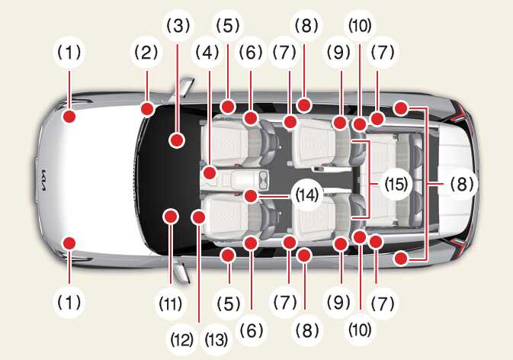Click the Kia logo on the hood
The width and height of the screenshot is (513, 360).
[43, 181]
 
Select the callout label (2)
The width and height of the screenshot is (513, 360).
[146, 53]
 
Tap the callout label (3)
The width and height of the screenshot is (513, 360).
[178, 26]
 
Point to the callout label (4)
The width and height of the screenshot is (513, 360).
[207, 53]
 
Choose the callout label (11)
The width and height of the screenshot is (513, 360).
[171, 304]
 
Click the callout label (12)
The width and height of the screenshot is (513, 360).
[182, 340]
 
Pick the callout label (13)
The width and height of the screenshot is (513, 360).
[216, 340]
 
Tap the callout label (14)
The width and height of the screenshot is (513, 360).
[307, 195]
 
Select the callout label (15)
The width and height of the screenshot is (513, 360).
[396, 185]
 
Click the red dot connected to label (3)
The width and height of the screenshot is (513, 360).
[177, 140]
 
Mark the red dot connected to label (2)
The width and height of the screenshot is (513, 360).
[148, 109]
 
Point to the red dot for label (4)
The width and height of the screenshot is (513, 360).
[210, 172]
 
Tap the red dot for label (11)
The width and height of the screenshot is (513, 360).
[170, 217]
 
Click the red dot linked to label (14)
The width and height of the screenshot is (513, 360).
[251, 196]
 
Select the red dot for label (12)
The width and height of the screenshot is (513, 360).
[198, 217]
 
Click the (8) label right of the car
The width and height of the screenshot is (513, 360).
[462, 185]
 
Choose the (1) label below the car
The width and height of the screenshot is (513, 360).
[69, 303]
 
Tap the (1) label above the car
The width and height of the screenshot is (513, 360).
[69, 53]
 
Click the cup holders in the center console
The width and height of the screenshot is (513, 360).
[263, 181]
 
